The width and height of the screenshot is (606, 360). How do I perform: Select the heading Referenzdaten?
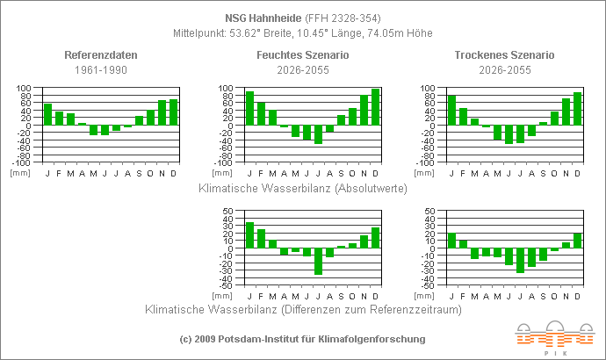101,55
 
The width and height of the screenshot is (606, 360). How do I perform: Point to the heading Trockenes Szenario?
505,55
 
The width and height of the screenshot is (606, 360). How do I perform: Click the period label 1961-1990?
101,69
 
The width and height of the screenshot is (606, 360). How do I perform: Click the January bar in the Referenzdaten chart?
47,114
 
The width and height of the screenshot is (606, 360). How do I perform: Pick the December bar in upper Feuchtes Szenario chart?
375,107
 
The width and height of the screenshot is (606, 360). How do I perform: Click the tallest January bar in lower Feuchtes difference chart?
249,235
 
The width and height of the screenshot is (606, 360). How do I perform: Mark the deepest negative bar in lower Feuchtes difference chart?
318,262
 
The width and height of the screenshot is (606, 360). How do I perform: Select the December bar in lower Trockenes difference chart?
577,241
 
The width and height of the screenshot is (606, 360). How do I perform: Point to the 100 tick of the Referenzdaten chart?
24,89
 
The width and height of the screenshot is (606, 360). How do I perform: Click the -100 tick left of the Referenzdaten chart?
22,163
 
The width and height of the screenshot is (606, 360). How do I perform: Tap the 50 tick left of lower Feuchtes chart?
227,212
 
